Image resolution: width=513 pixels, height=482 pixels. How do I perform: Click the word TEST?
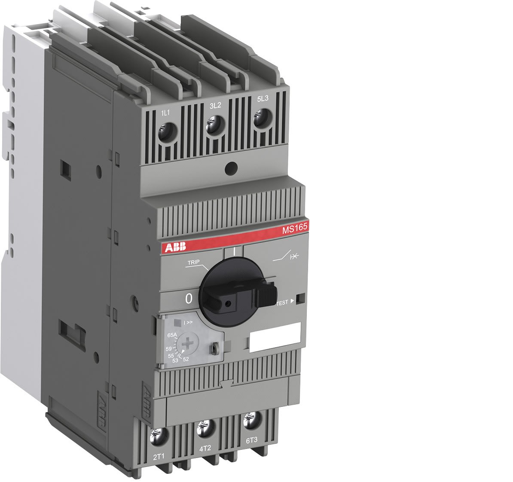tap(282, 302)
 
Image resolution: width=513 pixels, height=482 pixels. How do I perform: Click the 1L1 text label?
tap(165, 113)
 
